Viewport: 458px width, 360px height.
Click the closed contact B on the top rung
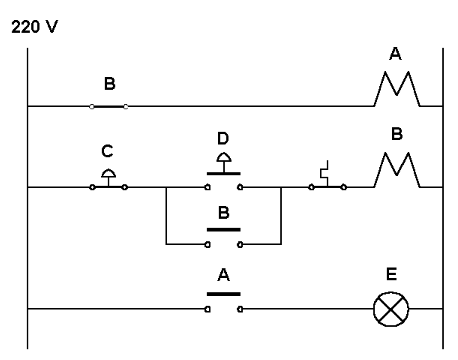109,105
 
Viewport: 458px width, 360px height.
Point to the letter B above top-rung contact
109,84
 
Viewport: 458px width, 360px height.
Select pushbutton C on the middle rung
109,180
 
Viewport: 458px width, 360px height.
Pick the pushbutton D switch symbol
223,176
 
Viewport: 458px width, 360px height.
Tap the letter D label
223,136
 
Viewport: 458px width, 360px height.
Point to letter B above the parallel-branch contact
223,213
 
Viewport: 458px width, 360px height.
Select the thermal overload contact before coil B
327,180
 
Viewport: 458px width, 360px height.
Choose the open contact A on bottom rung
223,304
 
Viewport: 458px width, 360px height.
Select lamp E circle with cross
388,310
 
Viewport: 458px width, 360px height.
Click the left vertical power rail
27,200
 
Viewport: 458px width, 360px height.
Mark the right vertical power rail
442,200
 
